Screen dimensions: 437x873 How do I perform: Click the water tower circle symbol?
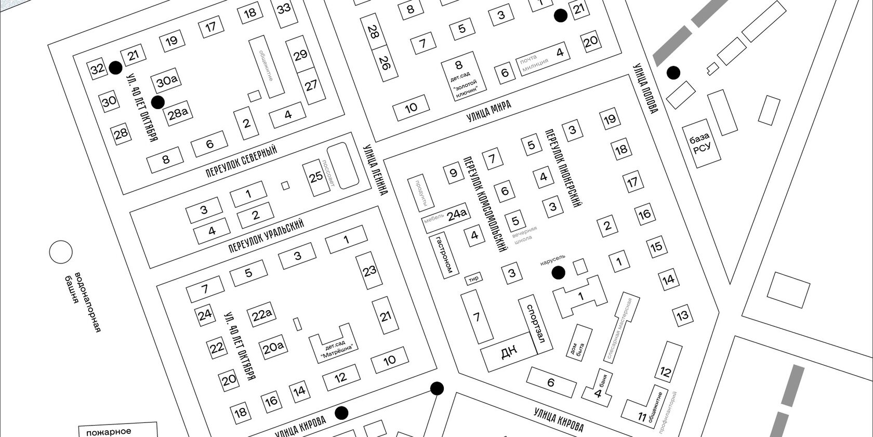pos(61,253)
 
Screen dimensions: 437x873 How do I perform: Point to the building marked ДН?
pos(509,353)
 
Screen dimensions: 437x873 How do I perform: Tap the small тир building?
pos(473,279)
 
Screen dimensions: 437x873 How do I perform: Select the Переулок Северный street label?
pos(242,161)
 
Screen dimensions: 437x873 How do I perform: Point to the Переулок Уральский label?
pos(266,236)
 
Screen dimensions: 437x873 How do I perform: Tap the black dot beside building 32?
pos(116,68)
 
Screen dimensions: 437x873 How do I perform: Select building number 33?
pos(284,9)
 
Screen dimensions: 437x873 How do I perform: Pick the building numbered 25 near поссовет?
pos(316,177)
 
